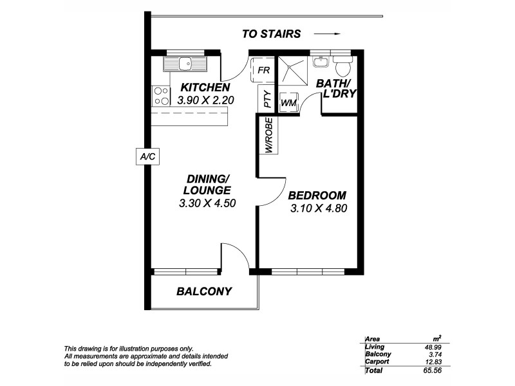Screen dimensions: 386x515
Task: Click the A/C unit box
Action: coord(147,156)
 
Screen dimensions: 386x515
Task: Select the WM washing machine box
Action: coord(288,102)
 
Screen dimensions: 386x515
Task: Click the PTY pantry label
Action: coord(267,101)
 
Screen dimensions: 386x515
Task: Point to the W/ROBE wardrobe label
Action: coord(268,136)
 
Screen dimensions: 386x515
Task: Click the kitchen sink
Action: coord(185,63)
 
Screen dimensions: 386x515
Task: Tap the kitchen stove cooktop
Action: coord(159,96)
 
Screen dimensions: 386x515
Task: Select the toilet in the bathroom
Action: coord(342,66)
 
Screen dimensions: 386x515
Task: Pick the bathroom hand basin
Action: coord(320,62)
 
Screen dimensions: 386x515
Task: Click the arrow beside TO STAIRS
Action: coord(328,34)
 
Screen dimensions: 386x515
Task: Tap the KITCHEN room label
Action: coord(205,87)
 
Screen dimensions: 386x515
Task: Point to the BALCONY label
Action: coord(203,291)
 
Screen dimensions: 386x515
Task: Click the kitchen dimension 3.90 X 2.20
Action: coord(205,100)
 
